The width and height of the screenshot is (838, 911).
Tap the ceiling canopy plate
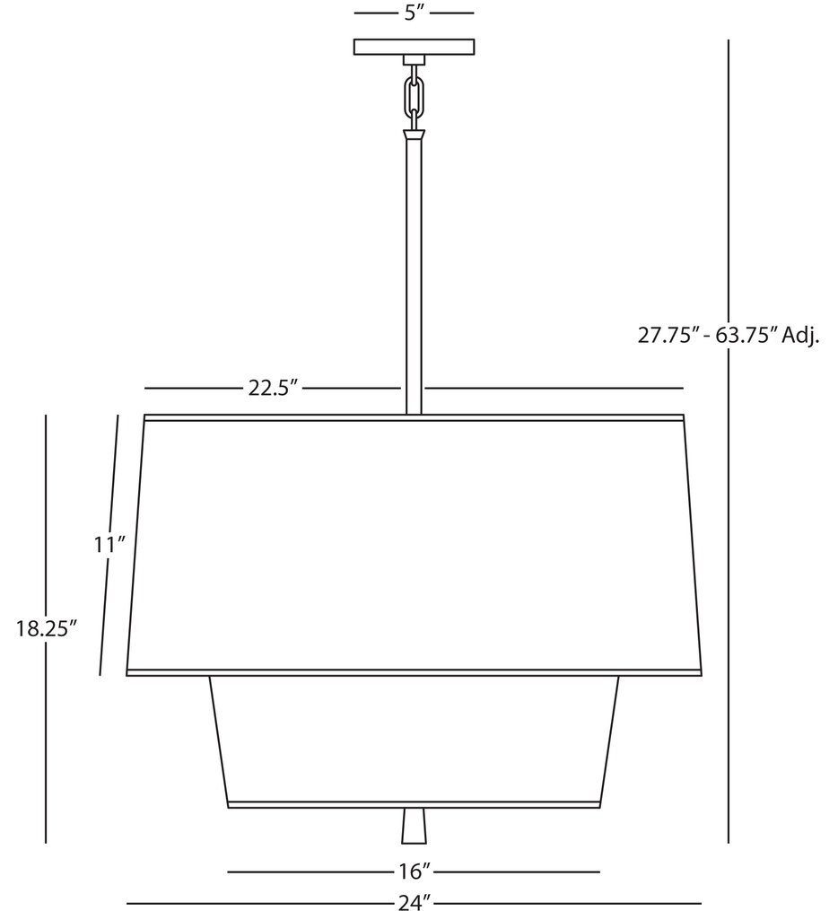(415, 47)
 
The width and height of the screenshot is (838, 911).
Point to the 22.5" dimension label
(272, 389)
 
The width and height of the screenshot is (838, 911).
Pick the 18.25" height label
(43, 628)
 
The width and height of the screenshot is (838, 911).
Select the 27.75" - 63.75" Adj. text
(729, 336)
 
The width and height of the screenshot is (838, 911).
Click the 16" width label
(414, 872)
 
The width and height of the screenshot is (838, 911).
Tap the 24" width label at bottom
(414, 901)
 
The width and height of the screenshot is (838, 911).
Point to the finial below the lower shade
(414, 826)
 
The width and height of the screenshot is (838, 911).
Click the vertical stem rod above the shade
(414, 269)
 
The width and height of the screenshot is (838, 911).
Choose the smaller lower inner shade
(414, 736)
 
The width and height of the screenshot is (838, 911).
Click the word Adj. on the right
(800, 336)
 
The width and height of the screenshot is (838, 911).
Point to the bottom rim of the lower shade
(414, 804)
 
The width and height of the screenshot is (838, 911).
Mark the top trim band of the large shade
(414, 417)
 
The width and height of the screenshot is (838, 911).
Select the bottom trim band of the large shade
(414, 672)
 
